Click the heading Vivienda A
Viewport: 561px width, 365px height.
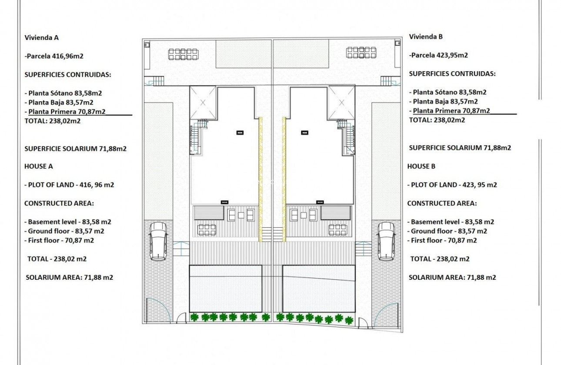(x=41, y=37)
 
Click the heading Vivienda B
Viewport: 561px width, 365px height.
(x=426, y=36)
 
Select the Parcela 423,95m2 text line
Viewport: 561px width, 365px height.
(x=438, y=55)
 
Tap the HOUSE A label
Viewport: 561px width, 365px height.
(x=39, y=166)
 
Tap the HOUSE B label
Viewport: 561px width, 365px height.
(x=421, y=166)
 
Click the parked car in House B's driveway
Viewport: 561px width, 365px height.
(x=386, y=241)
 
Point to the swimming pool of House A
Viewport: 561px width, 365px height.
(x=225, y=289)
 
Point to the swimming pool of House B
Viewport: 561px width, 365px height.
(x=319, y=289)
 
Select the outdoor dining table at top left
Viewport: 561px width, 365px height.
(x=184, y=54)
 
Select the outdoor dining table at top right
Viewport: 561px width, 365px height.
(x=361, y=53)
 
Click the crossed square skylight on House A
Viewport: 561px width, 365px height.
(x=203, y=103)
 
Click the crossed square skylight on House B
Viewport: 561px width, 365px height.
(x=341, y=103)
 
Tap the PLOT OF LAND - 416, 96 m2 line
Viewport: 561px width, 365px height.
(x=69, y=185)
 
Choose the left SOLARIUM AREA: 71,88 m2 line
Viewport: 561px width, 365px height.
(x=70, y=277)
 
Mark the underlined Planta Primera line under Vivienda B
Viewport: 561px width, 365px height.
(x=450, y=111)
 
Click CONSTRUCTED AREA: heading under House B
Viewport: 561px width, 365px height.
(x=442, y=203)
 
